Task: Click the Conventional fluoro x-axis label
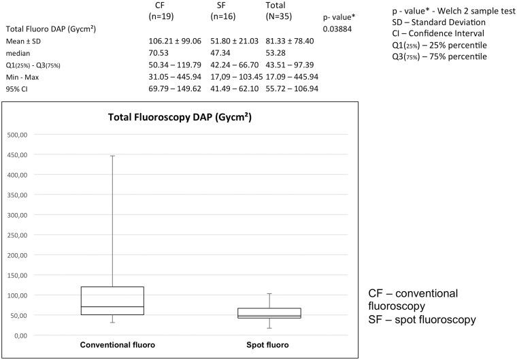(x=117, y=345)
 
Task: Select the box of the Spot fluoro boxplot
(x=269, y=313)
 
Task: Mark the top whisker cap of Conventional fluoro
(x=112, y=156)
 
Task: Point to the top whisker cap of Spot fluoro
(x=269, y=294)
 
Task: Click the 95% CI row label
(x=18, y=88)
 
